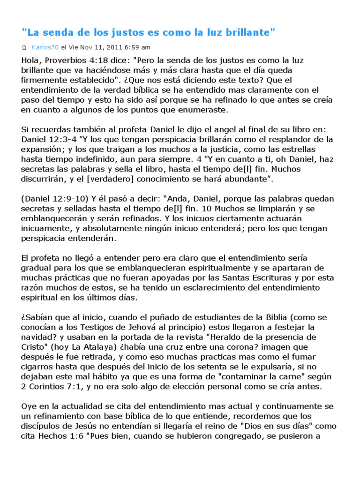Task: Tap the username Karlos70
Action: (45, 47)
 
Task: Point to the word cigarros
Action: (38, 367)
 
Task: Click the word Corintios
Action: (51, 387)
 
